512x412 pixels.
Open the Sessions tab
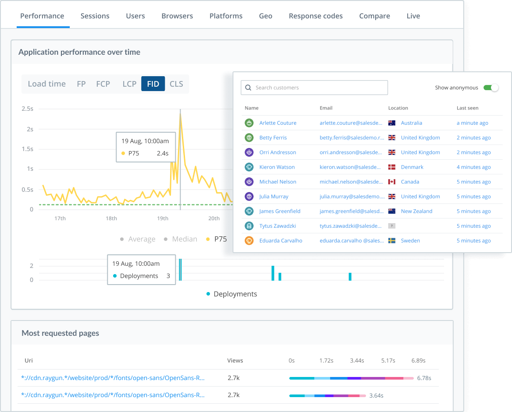[95, 16]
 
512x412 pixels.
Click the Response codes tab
[316, 16]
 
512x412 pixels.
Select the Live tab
[413, 16]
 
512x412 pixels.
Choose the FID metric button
[153, 84]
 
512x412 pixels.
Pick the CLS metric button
[176, 84]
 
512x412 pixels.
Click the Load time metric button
[46, 84]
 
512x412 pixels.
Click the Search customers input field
[314, 88]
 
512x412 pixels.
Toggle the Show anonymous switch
[491, 88]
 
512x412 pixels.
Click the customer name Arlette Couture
[278, 123]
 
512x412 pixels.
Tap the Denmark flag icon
[392, 167]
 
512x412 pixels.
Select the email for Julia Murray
[352, 197]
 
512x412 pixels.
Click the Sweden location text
[410, 241]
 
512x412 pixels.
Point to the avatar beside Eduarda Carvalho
[249, 241]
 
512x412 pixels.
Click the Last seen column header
[467, 108]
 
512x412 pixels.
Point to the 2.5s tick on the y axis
[27, 109]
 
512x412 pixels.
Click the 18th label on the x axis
[111, 218]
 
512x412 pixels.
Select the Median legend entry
[185, 239]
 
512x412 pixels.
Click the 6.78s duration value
[424, 378]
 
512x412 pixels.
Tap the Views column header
[235, 361]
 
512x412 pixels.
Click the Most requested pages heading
[60, 333]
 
